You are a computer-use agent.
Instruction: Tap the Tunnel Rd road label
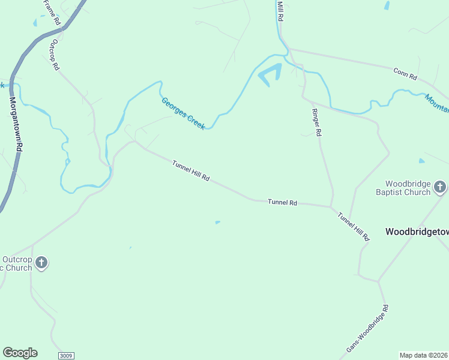[x=282, y=203]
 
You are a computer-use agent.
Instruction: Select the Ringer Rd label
[x=316, y=122]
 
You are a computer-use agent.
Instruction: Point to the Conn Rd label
[x=405, y=74]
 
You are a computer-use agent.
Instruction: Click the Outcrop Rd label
[x=55, y=55]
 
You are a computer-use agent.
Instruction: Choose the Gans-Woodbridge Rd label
[x=368, y=328]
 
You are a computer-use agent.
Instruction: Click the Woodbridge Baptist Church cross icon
[x=440, y=187]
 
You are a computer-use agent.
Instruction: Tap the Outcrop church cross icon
[x=41, y=262]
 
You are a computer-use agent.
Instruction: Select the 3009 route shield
[x=66, y=356]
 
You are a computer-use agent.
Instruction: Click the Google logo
[x=20, y=353]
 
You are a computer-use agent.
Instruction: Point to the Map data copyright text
[x=424, y=355]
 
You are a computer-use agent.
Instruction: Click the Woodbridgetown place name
[x=417, y=231]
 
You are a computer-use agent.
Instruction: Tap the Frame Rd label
[x=52, y=12]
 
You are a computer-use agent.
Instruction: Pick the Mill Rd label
[x=280, y=11]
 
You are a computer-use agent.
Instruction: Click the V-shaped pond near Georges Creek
[x=270, y=74]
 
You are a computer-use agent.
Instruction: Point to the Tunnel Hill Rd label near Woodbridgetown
[x=353, y=227]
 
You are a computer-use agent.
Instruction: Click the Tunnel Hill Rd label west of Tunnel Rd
[x=190, y=171]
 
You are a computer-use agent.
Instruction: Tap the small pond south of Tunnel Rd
[x=217, y=223]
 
